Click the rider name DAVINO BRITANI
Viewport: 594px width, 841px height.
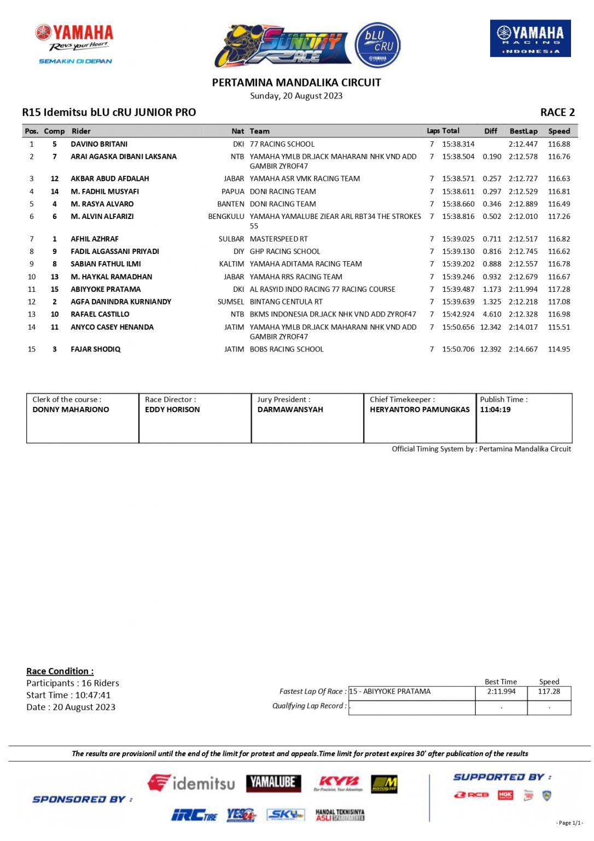[99, 144]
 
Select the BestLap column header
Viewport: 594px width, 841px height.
[523, 131]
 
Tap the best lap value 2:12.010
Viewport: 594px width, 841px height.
[523, 216]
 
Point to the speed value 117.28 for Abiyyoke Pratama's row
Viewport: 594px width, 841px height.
[559, 289]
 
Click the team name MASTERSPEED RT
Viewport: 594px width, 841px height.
[278, 239]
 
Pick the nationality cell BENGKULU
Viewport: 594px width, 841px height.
[226, 216]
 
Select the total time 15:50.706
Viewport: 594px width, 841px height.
[458, 349]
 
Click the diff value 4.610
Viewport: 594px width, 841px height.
[492, 314]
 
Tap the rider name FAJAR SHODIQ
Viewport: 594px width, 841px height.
[96, 349]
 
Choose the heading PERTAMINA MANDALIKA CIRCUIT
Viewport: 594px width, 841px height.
[296, 83]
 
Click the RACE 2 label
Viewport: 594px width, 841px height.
[557, 112]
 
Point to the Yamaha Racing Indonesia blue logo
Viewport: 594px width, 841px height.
[530, 38]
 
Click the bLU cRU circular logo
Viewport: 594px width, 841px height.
[378, 45]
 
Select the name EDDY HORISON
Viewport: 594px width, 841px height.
[172, 410]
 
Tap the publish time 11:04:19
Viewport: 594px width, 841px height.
[495, 410]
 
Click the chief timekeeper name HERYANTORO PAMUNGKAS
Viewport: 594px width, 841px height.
[420, 410]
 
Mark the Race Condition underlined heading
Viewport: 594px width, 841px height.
[60, 671]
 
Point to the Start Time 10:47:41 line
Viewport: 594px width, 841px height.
[68, 695]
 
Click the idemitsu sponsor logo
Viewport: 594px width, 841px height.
[191, 783]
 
